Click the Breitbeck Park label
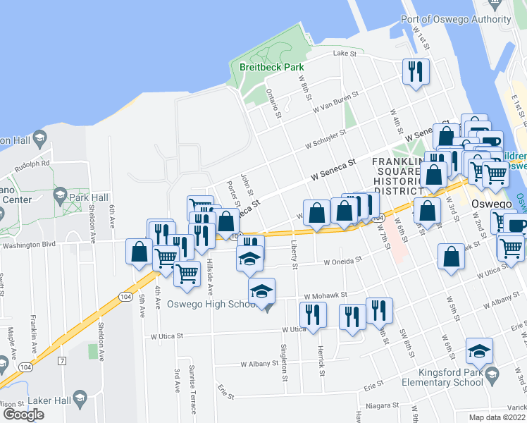(x=271, y=68)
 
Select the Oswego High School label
(x=213, y=305)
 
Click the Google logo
(x=23, y=415)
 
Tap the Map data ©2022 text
(x=497, y=417)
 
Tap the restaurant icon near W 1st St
(x=415, y=71)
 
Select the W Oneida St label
(x=342, y=260)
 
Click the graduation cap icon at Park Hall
(x=60, y=196)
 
